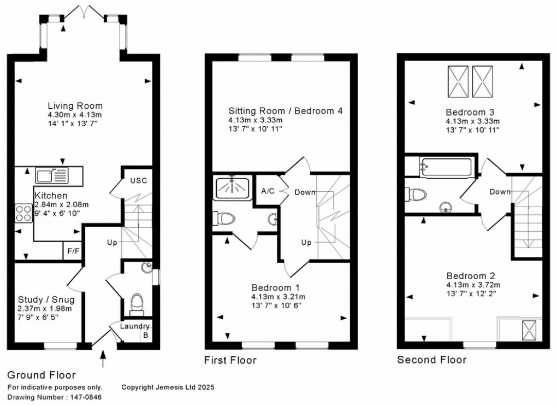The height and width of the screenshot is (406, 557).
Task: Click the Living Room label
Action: [75, 105]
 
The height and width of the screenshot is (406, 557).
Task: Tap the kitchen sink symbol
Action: [52, 175]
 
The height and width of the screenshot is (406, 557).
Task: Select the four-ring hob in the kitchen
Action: [24, 212]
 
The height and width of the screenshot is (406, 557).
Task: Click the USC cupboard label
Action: [138, 181]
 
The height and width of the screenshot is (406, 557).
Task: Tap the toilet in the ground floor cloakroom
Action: [137, 303]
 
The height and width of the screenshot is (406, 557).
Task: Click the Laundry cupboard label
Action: [134, 327]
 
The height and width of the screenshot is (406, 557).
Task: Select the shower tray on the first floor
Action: [232, 187]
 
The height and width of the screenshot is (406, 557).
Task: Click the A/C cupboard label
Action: [268, 191]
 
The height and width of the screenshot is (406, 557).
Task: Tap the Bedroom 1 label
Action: [276, 287]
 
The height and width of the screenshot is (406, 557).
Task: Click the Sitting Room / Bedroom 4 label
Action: [286, 111]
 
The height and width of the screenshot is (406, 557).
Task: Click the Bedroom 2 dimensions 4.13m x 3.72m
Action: [473, 285]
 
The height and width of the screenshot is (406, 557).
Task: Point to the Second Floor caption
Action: [431, 360]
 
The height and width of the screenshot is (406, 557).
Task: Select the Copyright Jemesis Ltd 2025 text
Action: [168, 387]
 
